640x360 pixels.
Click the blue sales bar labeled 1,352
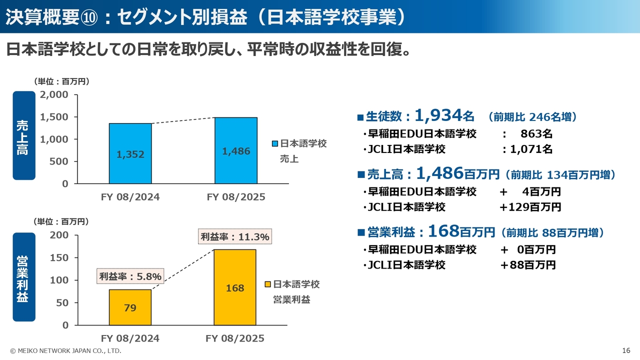(130, 153)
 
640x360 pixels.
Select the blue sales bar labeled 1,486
(236, 150)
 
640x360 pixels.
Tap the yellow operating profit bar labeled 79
(130, 307)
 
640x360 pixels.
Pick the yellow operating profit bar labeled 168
(235, 287)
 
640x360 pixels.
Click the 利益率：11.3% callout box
(235, 236)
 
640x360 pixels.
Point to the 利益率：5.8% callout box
(130, 276)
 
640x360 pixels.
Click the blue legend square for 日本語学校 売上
(274, 144)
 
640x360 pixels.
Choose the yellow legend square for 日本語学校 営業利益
(267, 284)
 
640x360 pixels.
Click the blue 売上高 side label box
(24, 135)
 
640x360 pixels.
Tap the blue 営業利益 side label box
(24, 276)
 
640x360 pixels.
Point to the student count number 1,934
(437, 115)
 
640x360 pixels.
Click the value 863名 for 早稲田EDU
(536, 133)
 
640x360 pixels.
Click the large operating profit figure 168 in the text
(443, 231)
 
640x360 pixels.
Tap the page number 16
(626, 350)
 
